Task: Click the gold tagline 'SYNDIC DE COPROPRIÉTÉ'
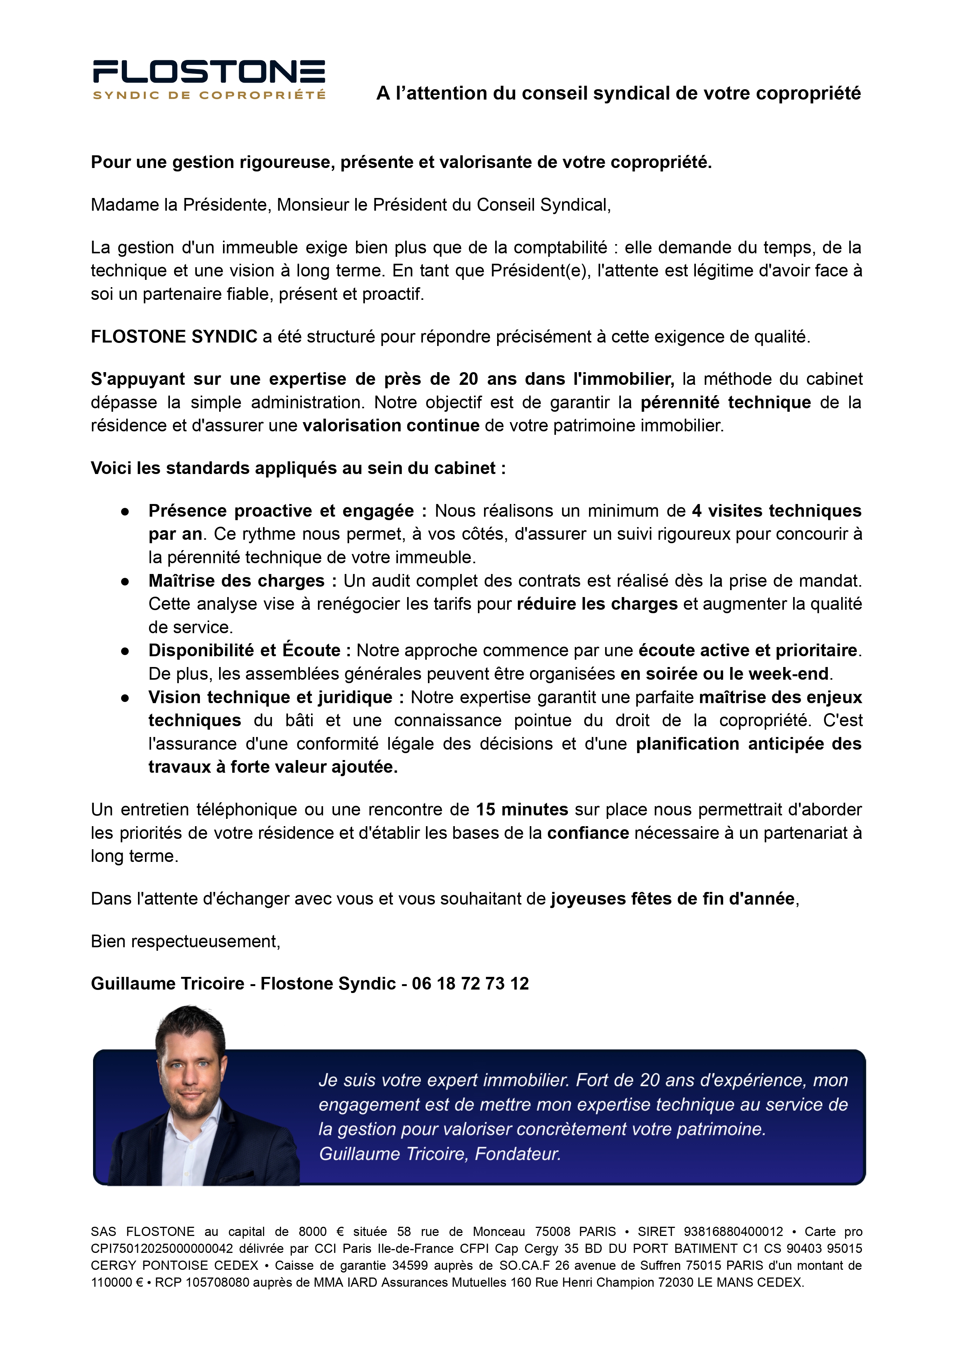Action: pyautogui.click(x=209, y=95)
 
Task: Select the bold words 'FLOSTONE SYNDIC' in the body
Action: pyautogui.click(x=174, y=336)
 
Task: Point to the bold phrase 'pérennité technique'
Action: pyautogui.click(x=725, y=402)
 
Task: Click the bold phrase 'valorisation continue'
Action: pyautogui.click(x=391, y=426)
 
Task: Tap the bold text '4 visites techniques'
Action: pyautogui.click(x=776, y=511)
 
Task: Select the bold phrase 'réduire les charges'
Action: pyautogui.click(x=597, y=604)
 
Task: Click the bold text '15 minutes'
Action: pyautogui.click(x=522, y=810)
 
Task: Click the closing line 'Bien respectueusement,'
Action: pyautogui.click(x=185, y=941)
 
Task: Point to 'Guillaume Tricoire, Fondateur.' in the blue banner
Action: pyautogui.click(x=440, y=1154)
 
